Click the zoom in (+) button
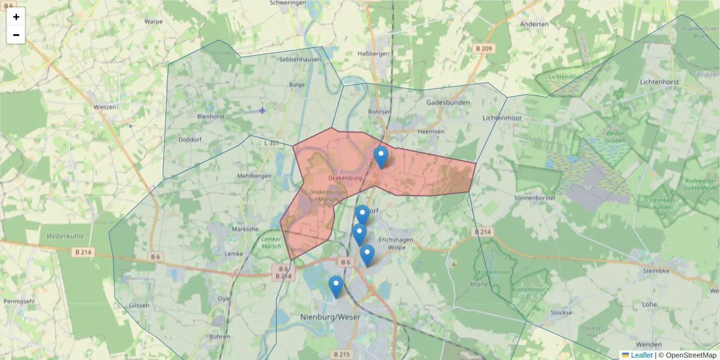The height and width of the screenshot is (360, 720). (16, 17)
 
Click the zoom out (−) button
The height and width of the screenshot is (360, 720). (16, 35)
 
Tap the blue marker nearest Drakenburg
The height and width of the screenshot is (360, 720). (381, 157)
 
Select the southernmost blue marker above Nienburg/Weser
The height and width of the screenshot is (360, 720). (336, 287)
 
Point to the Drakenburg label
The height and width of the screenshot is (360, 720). (346, 178)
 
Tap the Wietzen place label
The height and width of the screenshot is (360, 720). (105, 106)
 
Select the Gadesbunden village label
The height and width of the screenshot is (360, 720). (448, 103)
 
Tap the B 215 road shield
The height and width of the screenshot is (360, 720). (340, 355)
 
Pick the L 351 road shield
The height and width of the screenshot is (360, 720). (272, 143)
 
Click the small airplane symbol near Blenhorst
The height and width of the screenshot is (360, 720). (262, 110)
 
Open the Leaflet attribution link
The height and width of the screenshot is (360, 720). (641, 355)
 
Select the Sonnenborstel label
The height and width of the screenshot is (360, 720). (535, 197)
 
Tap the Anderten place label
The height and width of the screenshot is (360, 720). (535, 25)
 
